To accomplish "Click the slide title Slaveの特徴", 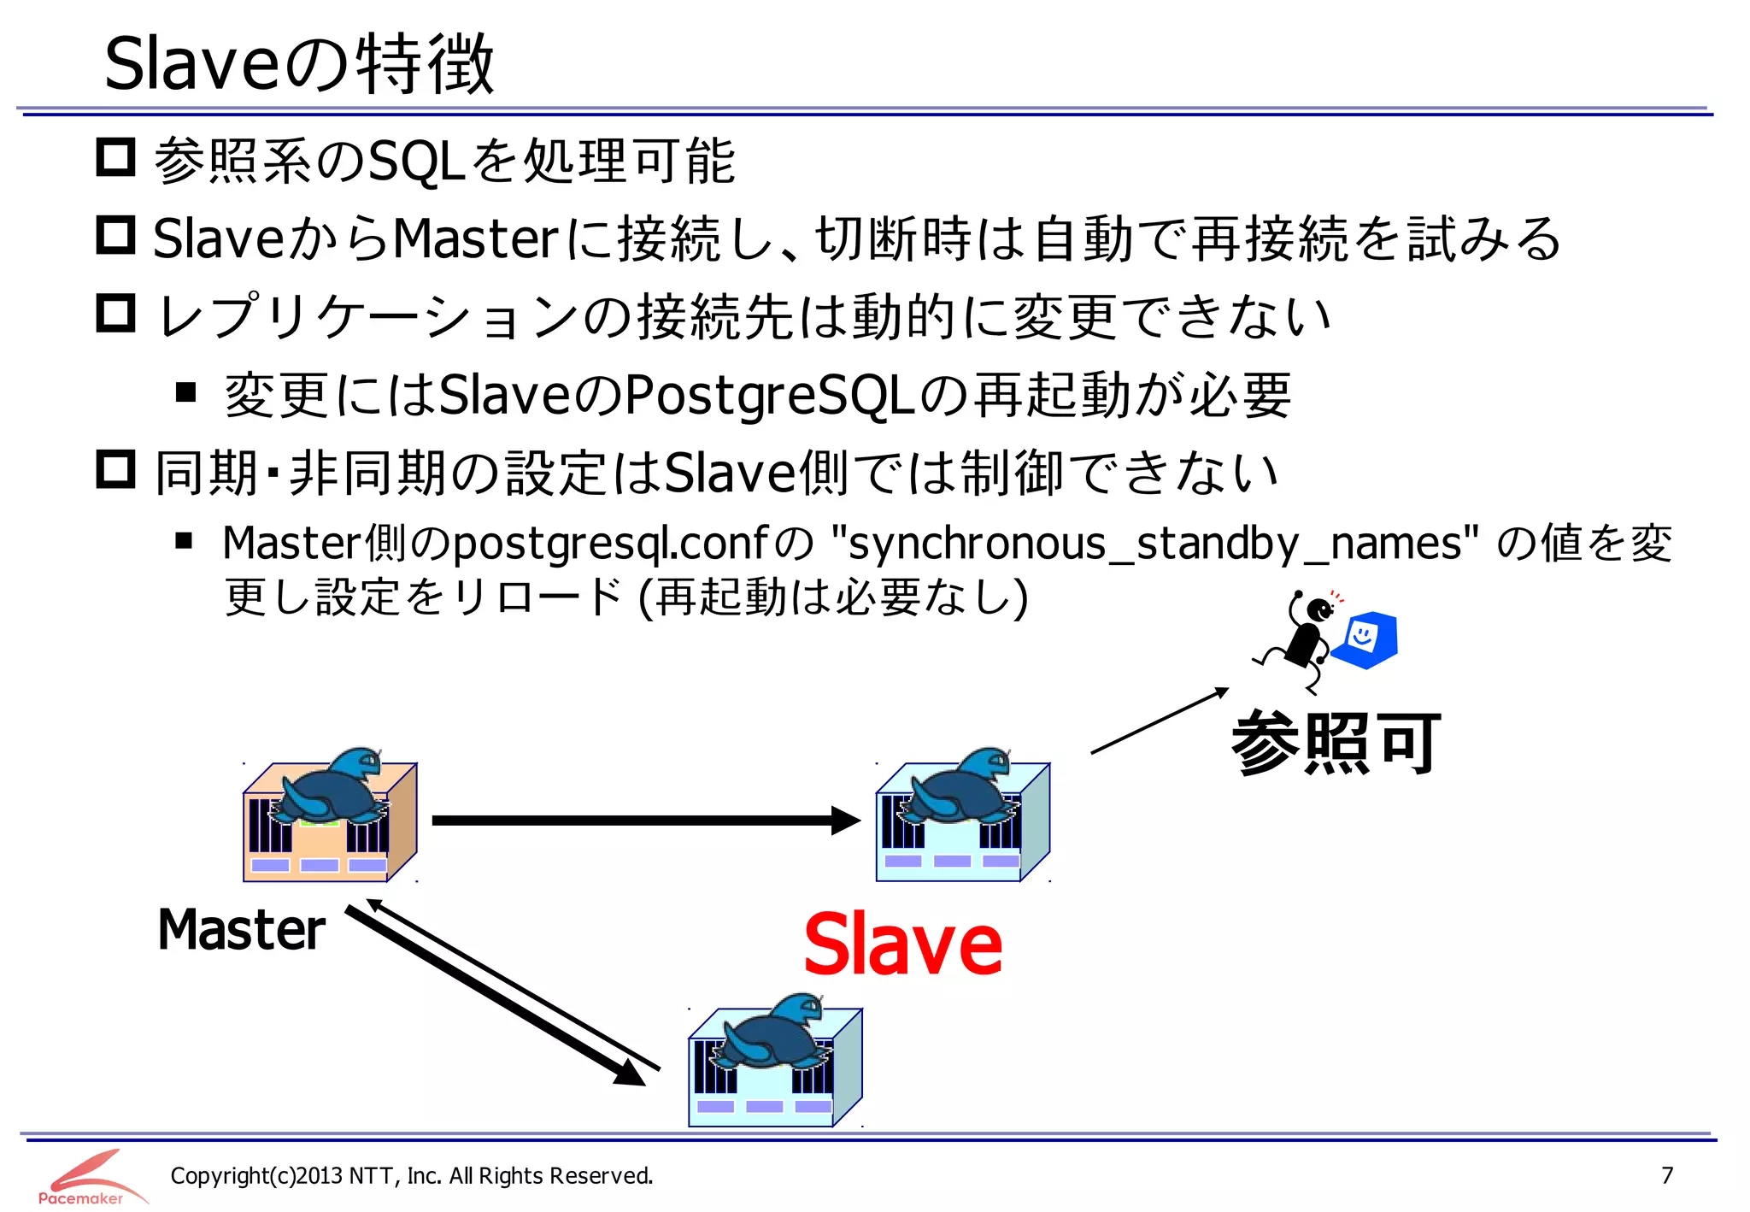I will pos(299,64).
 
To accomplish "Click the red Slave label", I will pos(902,944).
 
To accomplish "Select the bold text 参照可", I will pos(1336,743).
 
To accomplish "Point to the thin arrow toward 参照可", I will pos(1158,721).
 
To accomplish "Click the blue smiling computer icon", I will pos(1365,639).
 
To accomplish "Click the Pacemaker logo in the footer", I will pos(85,1178).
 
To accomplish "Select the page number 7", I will pos(1666,1175).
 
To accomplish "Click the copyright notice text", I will pos(411,1176).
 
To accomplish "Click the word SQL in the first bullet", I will pos(415,162).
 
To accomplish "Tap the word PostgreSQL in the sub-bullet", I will pos(769,396).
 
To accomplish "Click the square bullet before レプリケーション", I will pos(115,314).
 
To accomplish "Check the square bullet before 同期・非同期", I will pos(115,469).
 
